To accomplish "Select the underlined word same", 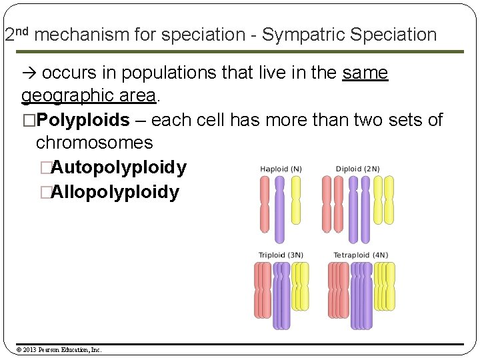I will click(365, 73).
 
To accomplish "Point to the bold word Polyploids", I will click(83, 120).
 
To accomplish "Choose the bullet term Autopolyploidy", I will click(119, 167).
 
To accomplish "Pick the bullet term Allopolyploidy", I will click(115, 193).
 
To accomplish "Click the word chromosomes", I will click(94, 143).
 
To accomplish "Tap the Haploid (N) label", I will click(281, 169).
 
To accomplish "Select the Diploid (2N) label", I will click(357, 169).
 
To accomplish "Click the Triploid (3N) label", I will click(281, 255).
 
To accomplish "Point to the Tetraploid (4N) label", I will click(361, 255).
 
